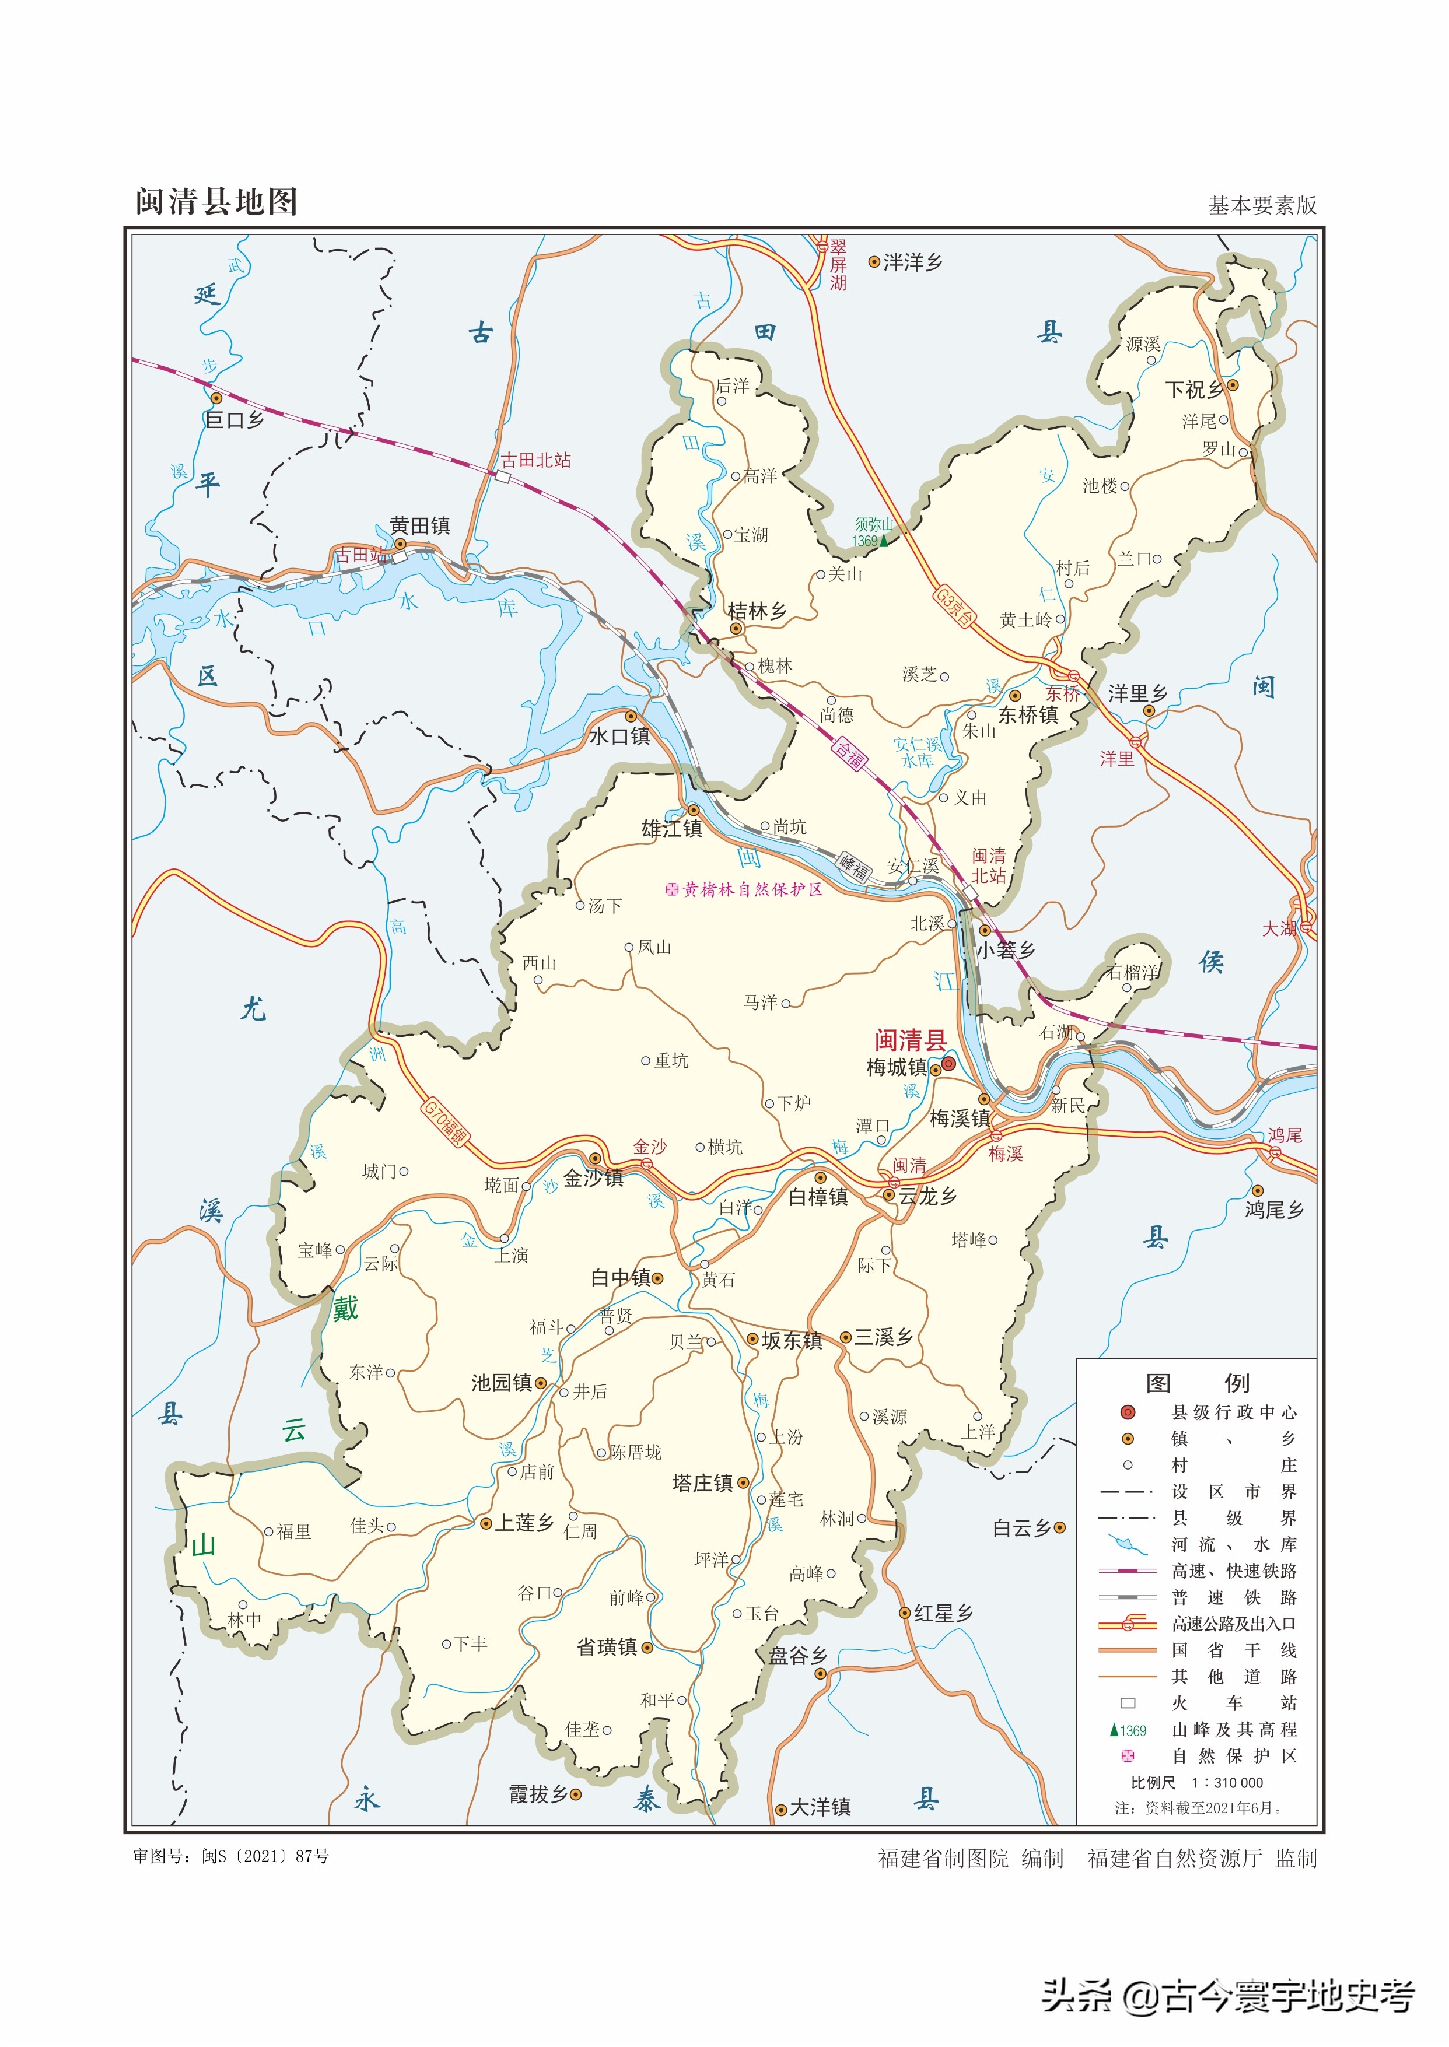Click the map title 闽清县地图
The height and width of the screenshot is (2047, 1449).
216,202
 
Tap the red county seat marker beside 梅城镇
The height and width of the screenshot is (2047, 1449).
949,1063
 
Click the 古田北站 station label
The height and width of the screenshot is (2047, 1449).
535,460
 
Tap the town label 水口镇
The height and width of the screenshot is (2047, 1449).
619,736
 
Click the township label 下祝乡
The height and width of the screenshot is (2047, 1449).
1195,390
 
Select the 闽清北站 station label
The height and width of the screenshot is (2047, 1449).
989,865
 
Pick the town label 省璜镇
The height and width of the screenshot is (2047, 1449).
607,1648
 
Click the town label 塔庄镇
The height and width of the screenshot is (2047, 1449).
702,1483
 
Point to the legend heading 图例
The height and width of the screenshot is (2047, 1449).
1196,1383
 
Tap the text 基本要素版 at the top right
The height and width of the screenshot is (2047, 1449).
1262,206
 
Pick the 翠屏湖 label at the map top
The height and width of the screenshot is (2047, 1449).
837,264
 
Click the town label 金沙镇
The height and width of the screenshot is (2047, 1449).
593,1177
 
